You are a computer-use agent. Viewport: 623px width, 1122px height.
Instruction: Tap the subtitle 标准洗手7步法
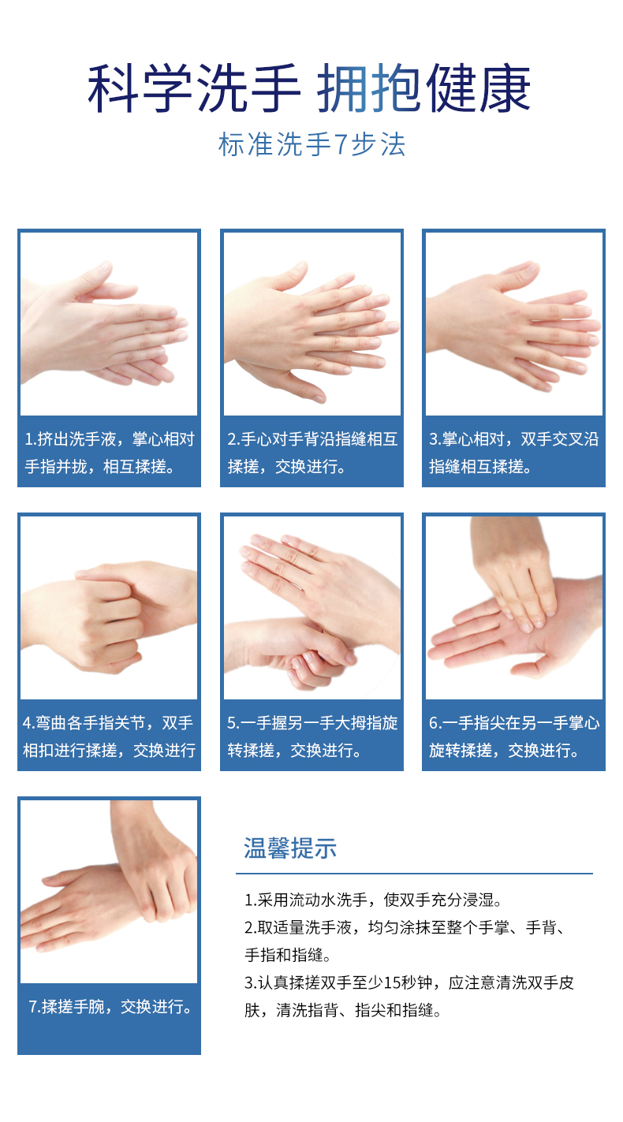(311, 145)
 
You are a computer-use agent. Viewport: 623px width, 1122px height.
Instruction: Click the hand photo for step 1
(109, 324)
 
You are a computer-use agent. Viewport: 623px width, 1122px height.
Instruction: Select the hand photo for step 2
(311, 324)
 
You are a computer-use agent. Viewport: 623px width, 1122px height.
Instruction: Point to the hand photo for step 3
(513, 324)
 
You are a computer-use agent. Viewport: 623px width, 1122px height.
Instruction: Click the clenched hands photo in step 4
(109, 608)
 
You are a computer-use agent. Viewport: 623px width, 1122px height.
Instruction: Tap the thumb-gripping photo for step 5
(311, 608)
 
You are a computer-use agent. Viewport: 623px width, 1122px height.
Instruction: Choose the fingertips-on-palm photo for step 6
(513, 608)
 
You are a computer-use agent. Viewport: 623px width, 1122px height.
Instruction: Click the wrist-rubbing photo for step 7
(109, 891)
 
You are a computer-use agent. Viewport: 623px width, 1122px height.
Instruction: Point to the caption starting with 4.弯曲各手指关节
(109, 736)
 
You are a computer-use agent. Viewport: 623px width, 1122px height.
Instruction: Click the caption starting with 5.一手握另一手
(311, 736)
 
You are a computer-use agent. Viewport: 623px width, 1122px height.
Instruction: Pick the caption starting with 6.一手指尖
(513, 736)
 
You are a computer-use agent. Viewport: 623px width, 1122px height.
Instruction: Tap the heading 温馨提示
(290, 848)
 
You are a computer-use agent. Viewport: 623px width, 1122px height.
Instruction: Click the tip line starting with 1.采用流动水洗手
(373, 900)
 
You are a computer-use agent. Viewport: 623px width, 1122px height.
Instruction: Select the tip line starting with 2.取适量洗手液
(402, 927)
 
